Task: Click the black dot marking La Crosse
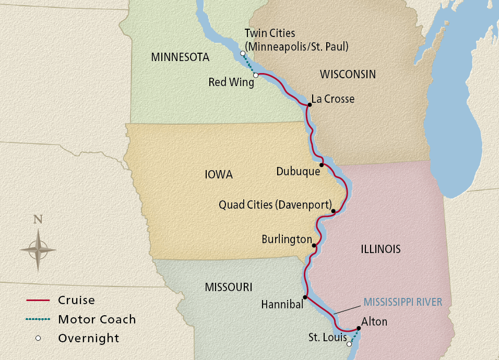pyautogui.click(x=310, y=104)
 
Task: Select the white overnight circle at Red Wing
pyautogui.click(x=256, y=76)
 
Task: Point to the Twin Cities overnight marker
pyautogui.click(x=243, y=54)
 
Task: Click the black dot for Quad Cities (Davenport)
pyautogui.click(x=333, y=211)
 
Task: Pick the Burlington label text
pyautogui.click(x=287, y=239)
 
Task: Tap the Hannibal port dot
pyautogui.click(x=305, y=297)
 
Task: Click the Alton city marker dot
pyautogui.click(x=359, y=329)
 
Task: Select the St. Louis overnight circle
pyautogui.click(x=349, y=344)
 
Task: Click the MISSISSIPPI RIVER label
pyautogui.click(x=403, y=302)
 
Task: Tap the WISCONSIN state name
pyautogui.click(x=348, y=74)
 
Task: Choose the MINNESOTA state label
pyautogui.click(x=180, y=57)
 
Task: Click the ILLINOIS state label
pyautogui.click(x=381, y=249)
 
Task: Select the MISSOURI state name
pyautogui.click(x=229, y=287)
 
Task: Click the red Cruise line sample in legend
pyautogui.click(x=38, y=301)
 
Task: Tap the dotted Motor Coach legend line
pyautogui.click(x=38, y=319)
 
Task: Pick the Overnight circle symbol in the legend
pyautogui.click(x=38, y=338)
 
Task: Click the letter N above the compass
pyautogui.click(x=38, y=220)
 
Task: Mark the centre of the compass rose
pyautogui.click(x=38, y=249)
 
